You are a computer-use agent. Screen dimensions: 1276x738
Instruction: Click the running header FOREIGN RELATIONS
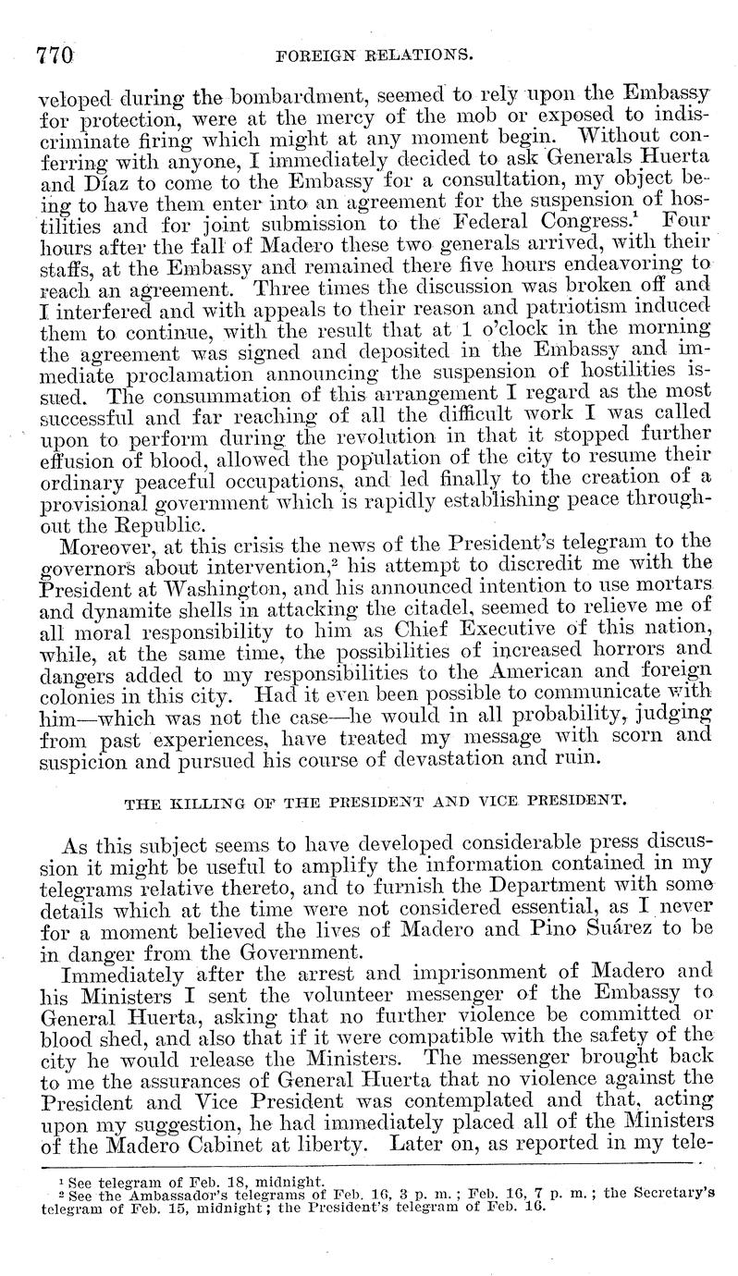[375, 55]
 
